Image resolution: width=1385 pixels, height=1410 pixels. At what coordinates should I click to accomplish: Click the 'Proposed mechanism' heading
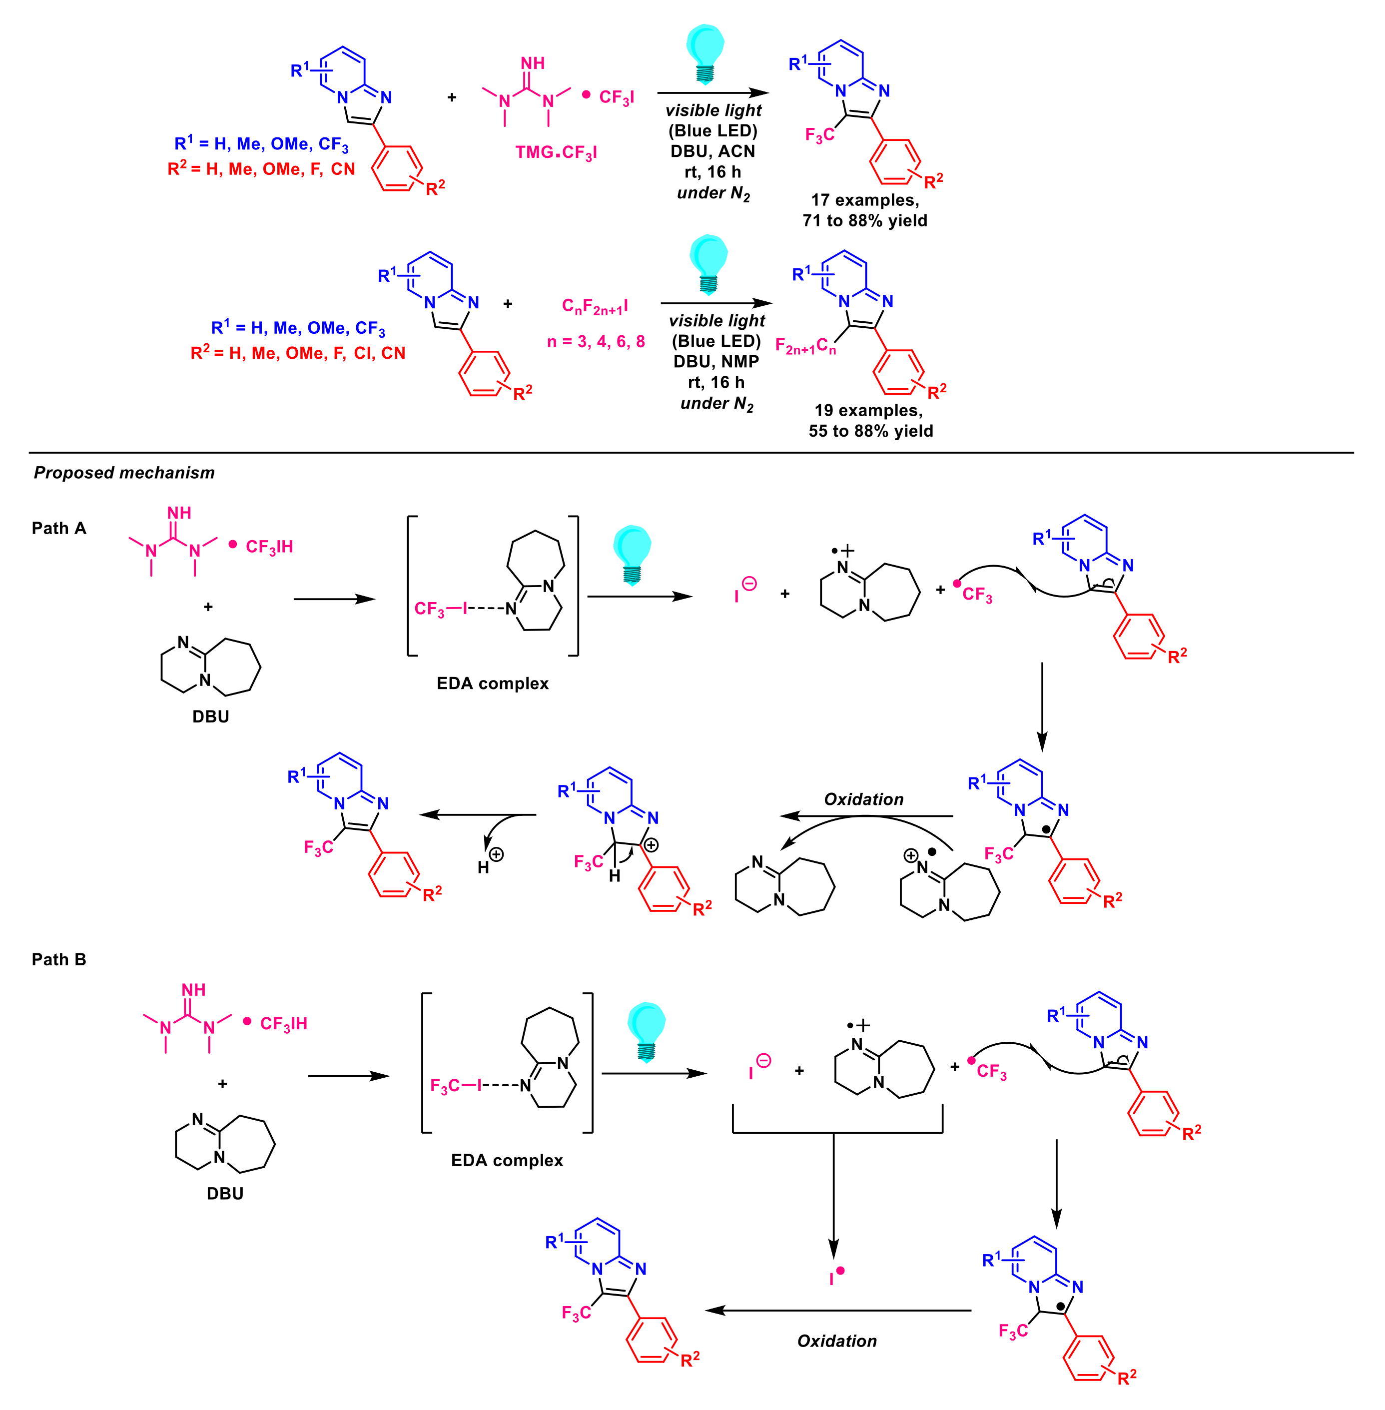click(x=124, y=473)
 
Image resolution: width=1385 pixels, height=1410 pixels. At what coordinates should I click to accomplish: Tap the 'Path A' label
click(x=59, y=528)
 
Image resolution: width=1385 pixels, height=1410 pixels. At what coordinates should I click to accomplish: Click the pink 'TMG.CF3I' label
click(x=556, y=153)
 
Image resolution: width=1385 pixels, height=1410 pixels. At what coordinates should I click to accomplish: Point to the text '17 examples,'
click(x=865, y=200)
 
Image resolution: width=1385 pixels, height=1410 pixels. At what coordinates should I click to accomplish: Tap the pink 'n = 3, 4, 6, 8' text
click(x=596, y=342)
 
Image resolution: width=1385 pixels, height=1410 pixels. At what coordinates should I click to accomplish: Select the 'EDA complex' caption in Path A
click(x=493, y=683)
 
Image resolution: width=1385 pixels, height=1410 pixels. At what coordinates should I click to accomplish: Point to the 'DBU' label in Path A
click(x=210, y=716)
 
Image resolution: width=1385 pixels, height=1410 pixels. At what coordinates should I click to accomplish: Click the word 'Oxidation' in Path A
click(x=863, y=799)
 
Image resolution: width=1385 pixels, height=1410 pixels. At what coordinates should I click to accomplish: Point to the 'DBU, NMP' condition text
click(x=716, y=362)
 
